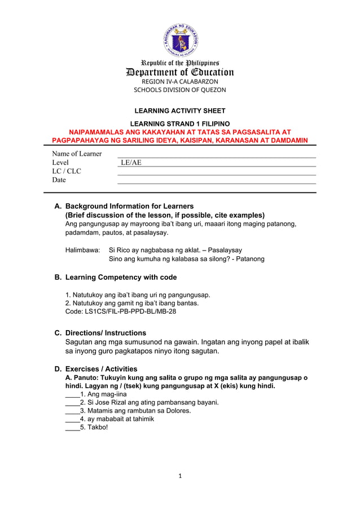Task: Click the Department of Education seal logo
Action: pyautogui.click(x=180, y=40)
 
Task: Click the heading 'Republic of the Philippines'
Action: pyautogui.click(x=180, y=63)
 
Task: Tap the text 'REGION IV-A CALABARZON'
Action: pyautogui.click(x=179, y=81)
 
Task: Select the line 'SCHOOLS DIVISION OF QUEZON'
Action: pyautogui.click(x=179, y=90)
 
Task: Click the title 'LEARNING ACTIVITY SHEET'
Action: pyautogui.click(x=179, y=111)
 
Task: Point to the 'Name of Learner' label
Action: pyautogui.click(x=77, y=153)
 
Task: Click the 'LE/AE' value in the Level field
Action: pyautogui.click(x=131, y=163)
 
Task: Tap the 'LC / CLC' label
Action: pyautogui.click(x=67, y=171)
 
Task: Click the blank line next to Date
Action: pyautogui.click(x=216, y=181)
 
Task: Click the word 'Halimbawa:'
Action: pyautogui.click(x=83, y=249)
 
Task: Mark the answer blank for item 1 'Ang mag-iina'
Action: pyautogui.click(x=72, y=395)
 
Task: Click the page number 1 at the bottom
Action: pyautogui.click(x=180, y=476)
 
